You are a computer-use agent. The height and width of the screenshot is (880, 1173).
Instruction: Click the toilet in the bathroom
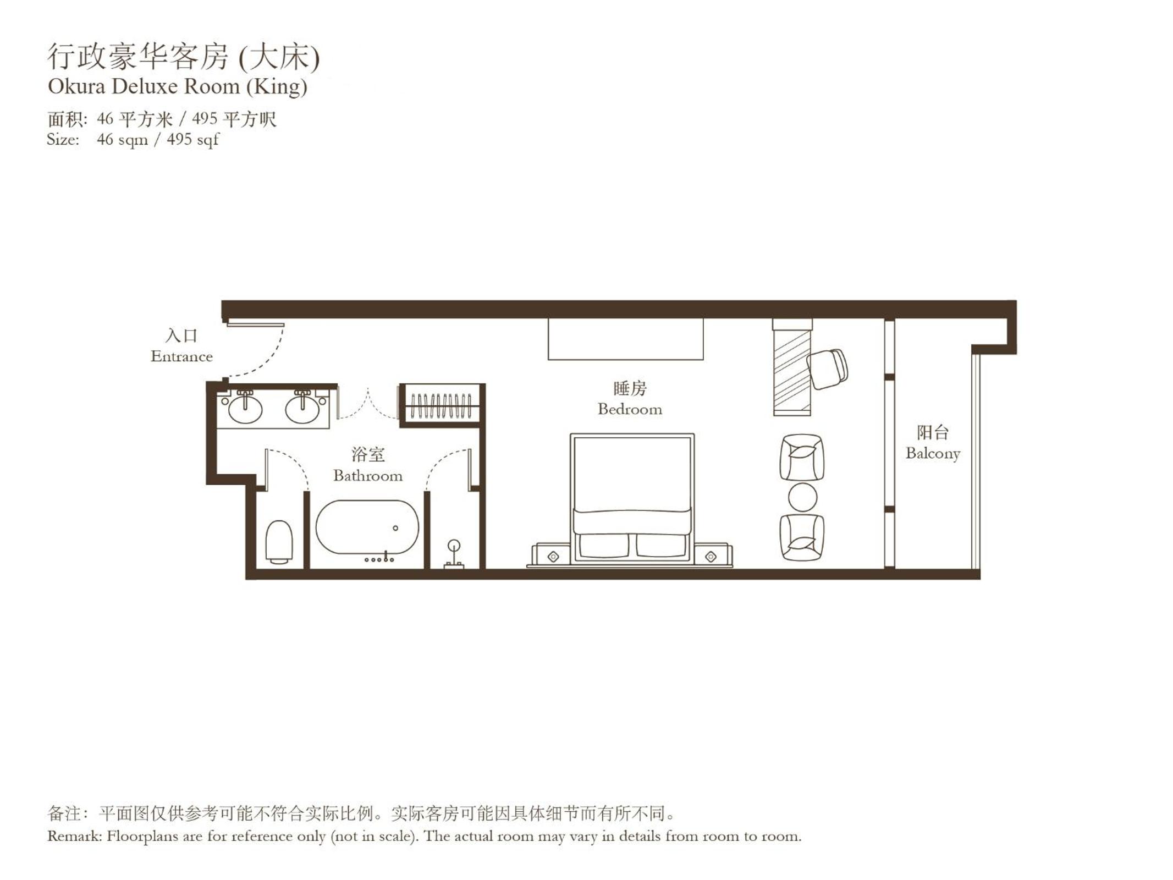(x=279, y=542)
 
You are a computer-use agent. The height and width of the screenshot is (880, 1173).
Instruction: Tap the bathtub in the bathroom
(x=367, y=527)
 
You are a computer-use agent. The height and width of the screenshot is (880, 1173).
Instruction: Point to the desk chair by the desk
(x=827, y=369)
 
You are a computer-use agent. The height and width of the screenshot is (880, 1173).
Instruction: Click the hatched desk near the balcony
(x=792, y=367)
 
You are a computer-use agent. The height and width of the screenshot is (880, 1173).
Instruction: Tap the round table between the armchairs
(x=802, y=497)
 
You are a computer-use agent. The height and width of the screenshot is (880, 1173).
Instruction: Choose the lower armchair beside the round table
(x=802, y=537)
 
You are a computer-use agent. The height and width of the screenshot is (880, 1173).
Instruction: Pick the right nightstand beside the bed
(x=712, y=555)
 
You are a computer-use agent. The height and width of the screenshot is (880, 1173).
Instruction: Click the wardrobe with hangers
(x=442, y=405)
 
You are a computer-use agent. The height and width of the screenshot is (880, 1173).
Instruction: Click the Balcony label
(x=933, y=453)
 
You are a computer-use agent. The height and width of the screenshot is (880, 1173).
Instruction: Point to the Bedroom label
(x=630, y=409)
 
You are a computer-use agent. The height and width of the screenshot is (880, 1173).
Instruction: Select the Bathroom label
(x=368, y=475)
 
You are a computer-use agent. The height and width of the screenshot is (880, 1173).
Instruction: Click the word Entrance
(x=181, y=356)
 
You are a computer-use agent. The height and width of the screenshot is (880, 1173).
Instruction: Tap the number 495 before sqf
(x=180, y=139)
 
